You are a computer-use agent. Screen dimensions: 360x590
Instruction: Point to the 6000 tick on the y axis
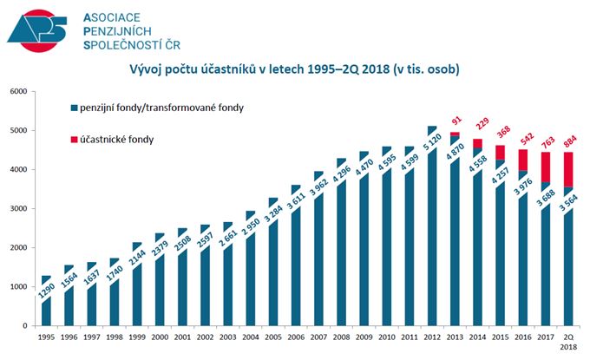[x=17, y=92]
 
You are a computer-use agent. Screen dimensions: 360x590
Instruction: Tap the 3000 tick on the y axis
[x=17, y=209]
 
